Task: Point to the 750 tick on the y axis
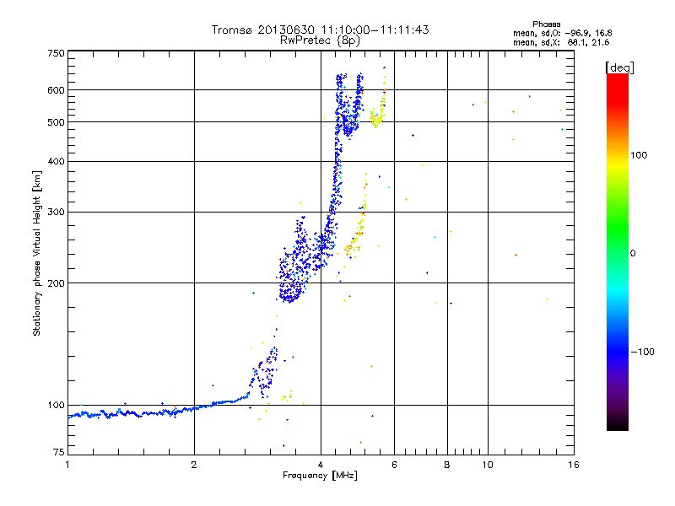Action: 56,53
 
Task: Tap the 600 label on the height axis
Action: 56,89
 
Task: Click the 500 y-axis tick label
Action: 56,122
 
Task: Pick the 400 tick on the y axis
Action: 56,161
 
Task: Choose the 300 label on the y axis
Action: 56,212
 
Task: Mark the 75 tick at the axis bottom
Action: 57,453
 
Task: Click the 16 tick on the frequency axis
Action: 574,465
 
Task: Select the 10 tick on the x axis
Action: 486,465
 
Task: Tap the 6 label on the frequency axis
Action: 395,465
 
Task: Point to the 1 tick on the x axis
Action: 67,465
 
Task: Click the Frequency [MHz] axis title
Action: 321,476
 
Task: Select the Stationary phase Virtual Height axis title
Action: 37,253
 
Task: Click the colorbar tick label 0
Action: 632,253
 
